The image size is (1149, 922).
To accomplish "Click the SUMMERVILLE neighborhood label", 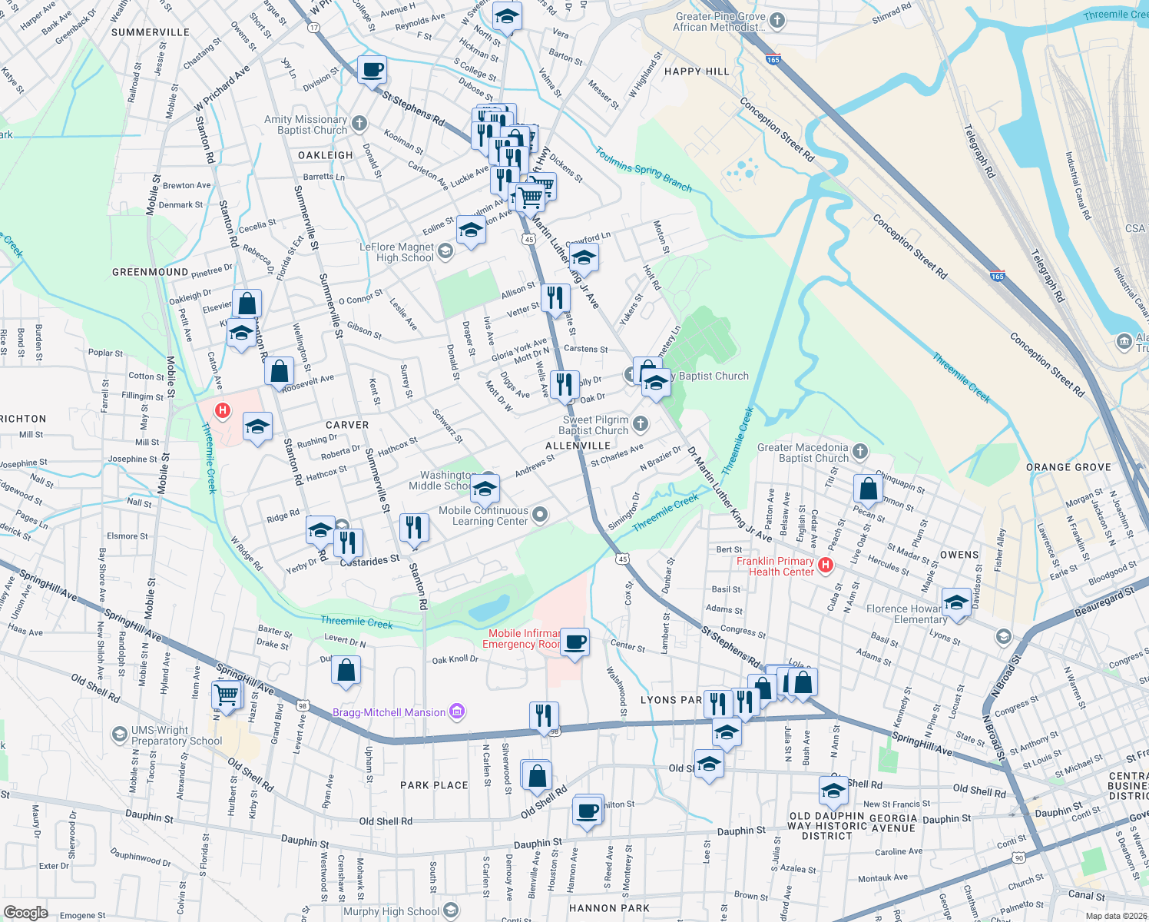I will coord(150,32).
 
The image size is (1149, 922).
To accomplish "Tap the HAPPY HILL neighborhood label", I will coord(697,71).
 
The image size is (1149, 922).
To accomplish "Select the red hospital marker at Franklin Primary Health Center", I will coord(826,565).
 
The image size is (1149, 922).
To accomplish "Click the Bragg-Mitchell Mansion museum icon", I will coord(457,712).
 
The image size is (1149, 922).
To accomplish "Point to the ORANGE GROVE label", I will coord(1068,467).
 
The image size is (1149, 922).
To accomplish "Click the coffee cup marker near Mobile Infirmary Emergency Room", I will coord(574,642).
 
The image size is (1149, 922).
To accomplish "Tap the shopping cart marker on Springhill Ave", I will coord(227,695).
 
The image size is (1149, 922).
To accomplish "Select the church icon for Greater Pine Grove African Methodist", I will coord(777,21).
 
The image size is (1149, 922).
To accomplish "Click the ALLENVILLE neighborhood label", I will coord(578,446).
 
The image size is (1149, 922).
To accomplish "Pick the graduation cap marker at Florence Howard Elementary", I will coord(956,602).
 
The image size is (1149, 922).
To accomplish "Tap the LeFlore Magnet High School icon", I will coord(445,251).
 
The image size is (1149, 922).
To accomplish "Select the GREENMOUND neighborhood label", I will coord(150,272).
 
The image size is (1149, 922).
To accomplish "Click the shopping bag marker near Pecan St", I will coord(868,488).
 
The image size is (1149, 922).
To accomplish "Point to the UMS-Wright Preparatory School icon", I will coord(119,735).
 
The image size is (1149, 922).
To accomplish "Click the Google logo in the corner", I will coord(25,912).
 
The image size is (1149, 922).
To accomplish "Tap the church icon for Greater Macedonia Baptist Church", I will coord(860,452).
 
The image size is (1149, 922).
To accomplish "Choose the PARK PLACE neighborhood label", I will coord(434,785).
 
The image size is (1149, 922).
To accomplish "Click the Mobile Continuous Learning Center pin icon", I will coord(540,515).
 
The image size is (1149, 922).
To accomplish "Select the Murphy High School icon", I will coord(452,911).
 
